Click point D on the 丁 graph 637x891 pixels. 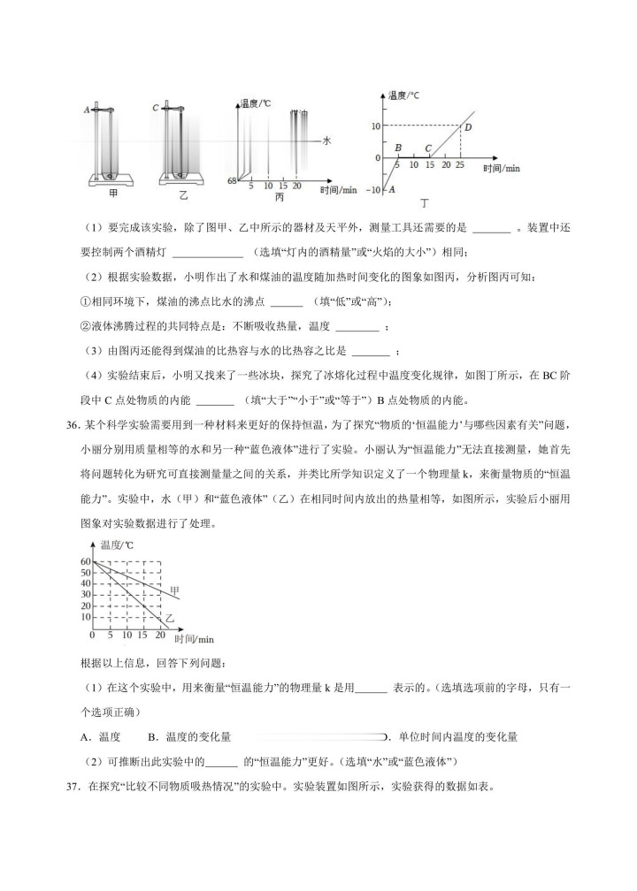click(467, 127)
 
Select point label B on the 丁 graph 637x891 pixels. click(399, 148)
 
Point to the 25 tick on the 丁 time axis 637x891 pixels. click(459, 165)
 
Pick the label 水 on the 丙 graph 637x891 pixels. click(326, 140)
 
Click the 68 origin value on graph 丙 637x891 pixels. click(231, 180)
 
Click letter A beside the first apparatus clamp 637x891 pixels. click(87, 110)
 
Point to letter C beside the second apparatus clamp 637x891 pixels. click(155, 109)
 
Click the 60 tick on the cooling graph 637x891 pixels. click(85, 561)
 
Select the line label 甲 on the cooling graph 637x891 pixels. click(175, 589)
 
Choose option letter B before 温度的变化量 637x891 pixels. click(151, 736)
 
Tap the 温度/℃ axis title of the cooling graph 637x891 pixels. click(117, 545)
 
